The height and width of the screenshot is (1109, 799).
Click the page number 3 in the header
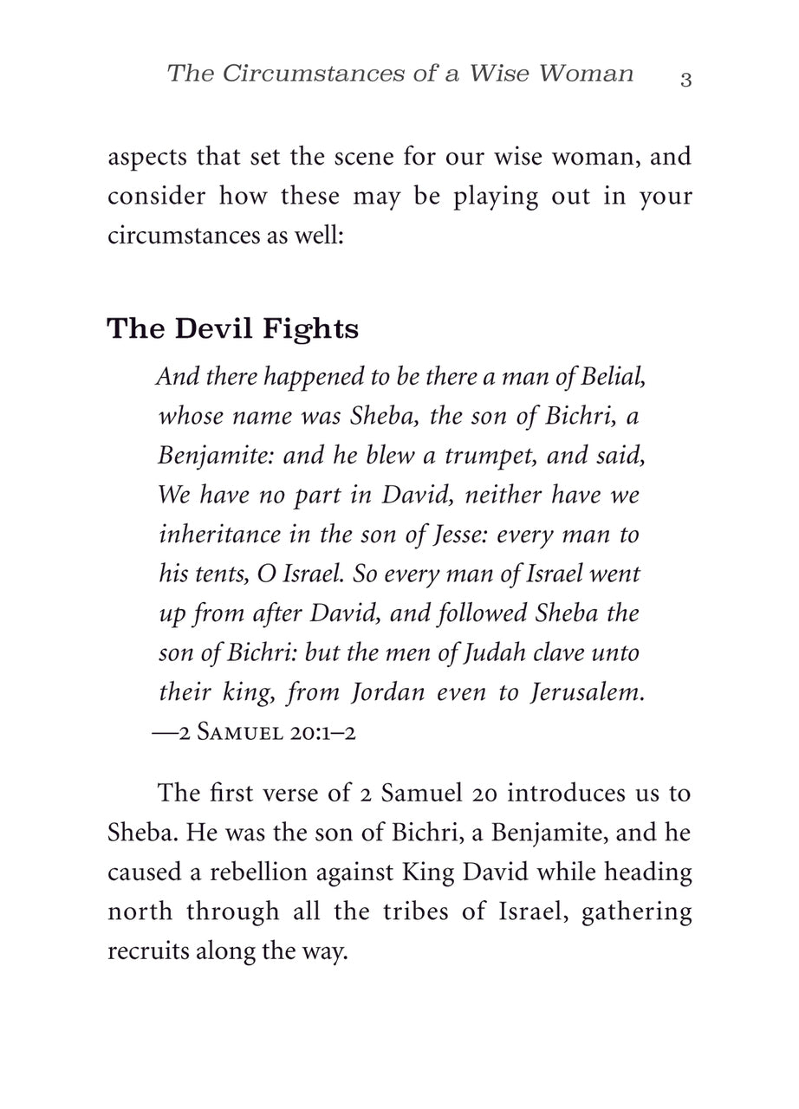685,80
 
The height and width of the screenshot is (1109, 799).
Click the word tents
213,574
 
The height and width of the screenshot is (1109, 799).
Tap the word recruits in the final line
145,950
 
